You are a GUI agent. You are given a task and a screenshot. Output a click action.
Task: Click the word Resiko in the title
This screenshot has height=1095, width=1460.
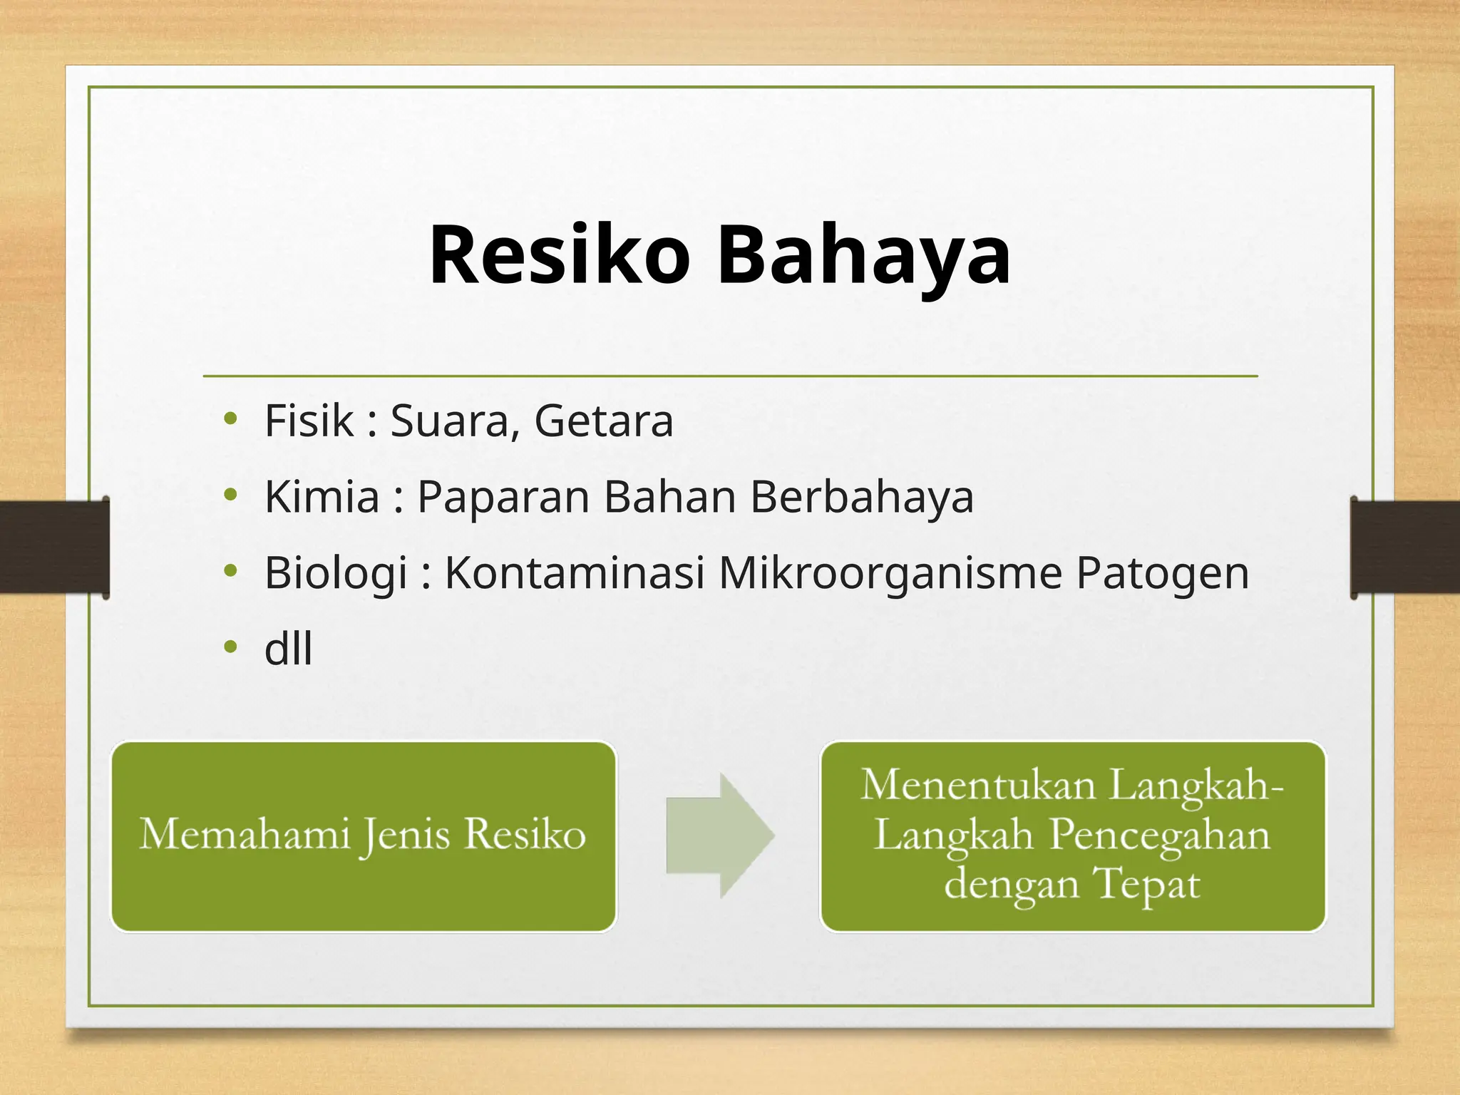(560, 255)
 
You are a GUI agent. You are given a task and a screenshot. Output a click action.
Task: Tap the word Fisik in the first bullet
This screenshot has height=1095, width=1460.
(309, 421)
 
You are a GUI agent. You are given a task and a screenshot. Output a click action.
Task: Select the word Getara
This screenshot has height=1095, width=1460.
(603, 421)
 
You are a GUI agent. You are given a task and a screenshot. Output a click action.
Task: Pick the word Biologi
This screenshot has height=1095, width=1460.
(336, 573)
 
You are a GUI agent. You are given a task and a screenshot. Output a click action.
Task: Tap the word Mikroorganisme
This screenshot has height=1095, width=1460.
(890, 573)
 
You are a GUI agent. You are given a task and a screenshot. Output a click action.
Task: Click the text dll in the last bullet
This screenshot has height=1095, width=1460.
(288, 649)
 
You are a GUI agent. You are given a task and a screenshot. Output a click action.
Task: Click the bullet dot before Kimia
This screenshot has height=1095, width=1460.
(230, 494)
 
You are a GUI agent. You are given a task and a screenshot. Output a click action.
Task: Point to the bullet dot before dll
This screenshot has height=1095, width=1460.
(230, 647)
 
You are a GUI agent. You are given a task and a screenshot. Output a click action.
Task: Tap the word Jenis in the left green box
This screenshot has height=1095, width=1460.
(406, 835)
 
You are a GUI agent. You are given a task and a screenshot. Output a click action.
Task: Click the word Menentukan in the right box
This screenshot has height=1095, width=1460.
(978, 785)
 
